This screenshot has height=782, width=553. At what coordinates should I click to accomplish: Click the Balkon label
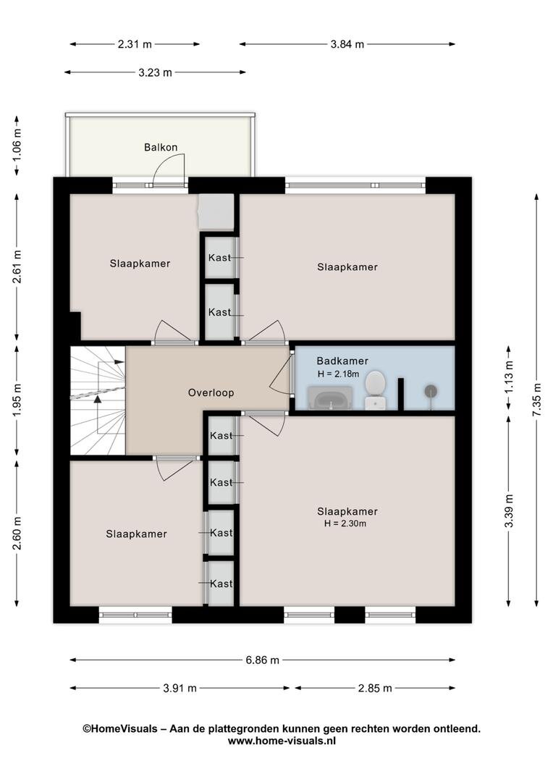161,147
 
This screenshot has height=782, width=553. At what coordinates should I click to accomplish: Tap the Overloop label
211,393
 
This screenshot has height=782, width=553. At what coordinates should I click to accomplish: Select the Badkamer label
342,361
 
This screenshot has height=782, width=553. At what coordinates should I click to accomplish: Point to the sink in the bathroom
330,398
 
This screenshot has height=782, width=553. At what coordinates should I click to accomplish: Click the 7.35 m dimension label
536,400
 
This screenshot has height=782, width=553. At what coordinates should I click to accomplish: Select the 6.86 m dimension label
262,660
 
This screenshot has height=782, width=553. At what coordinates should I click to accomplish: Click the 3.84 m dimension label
347,44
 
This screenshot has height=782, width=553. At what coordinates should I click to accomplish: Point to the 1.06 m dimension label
17,145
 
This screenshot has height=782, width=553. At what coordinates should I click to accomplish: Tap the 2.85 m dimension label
375,689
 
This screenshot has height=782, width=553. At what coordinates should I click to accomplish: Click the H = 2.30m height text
345,524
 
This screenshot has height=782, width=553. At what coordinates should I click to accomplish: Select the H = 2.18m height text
338,374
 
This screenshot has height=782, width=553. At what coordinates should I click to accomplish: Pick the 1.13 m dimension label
509,377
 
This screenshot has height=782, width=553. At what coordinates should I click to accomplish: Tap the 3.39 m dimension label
509,510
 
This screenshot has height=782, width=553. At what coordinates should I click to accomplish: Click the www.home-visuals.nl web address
282,741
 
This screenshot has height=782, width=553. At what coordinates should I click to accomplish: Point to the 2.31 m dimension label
135,44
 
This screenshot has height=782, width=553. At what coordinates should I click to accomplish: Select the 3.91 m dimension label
180,689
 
